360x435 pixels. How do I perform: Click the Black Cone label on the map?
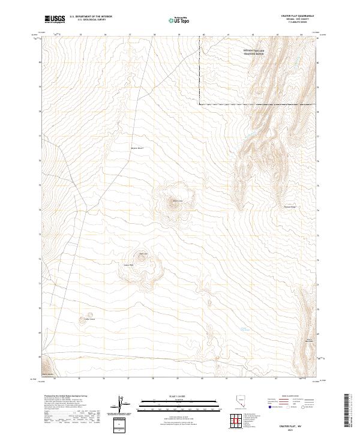tap(177, 200)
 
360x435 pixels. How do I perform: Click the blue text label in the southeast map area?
tap(244, 329)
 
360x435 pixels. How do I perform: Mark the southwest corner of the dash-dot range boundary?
tap(199, 104)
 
